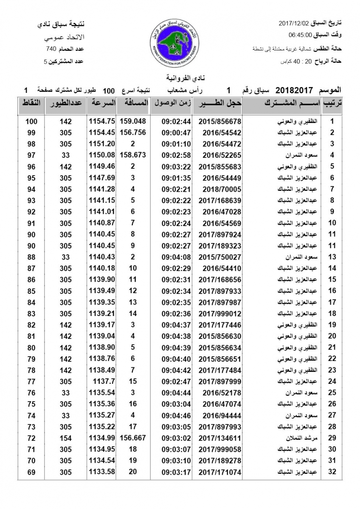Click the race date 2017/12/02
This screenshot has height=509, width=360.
tap(295, 22)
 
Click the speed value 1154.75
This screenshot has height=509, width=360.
tap(102, 121)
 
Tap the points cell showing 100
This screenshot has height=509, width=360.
tap(31, 121)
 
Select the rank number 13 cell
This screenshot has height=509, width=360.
tap(332, 257)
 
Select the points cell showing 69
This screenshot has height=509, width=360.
tap(31, 472)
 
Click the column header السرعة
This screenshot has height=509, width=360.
tap(102, 103)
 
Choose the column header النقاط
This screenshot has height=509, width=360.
tap(31, 103)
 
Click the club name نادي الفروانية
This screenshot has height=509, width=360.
tap(180, 78)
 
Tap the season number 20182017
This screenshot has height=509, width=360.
tap(294, 90)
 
